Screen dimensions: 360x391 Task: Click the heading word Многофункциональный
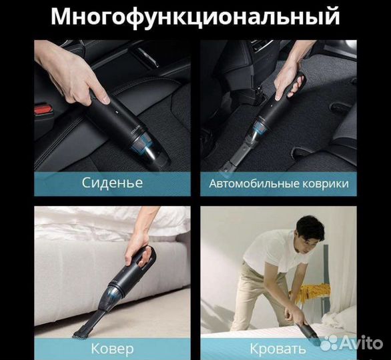coord(195,16)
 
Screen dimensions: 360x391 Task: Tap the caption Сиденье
coord(112,182)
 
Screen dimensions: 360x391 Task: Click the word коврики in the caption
coord(329,183)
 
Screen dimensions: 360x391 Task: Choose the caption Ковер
coord(112,348)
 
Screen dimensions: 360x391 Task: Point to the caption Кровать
coord(278,348)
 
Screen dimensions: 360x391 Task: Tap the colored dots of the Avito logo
coord(328,343)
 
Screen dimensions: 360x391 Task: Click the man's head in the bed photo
coord(310,231)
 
